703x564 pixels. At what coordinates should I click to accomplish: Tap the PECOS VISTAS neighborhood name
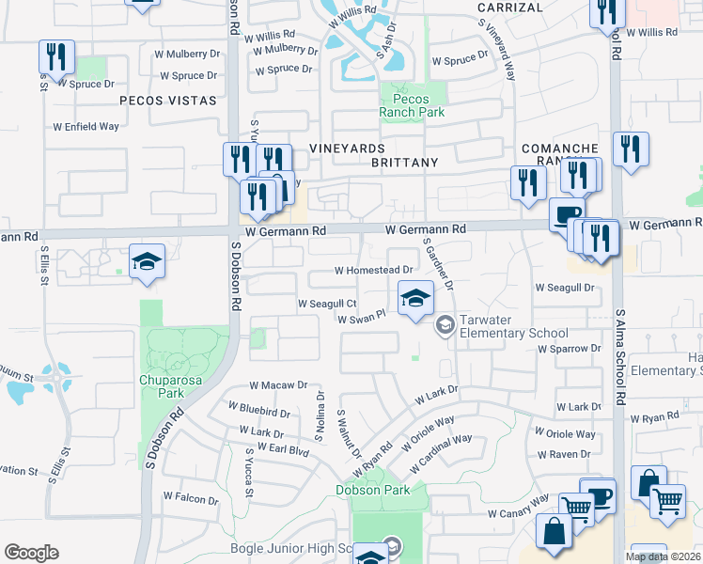[x=168, y=99]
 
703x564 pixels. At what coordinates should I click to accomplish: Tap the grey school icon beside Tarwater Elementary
[x=445, y=326]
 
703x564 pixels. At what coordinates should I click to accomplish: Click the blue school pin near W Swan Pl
[x=414, y=300]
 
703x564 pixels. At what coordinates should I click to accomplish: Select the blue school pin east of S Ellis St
[x=147, y=262]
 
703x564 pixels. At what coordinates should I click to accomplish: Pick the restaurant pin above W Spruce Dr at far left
[x=56, y=57]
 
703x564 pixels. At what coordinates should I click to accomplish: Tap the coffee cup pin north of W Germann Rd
[x=567, y=213]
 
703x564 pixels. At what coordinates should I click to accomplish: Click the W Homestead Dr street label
[x=374, y=270]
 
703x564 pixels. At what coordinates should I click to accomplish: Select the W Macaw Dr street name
[x=278, y=385]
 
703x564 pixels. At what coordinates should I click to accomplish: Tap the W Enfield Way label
[x=86, y=126]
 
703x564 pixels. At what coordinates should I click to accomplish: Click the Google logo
[x=31, y=552]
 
